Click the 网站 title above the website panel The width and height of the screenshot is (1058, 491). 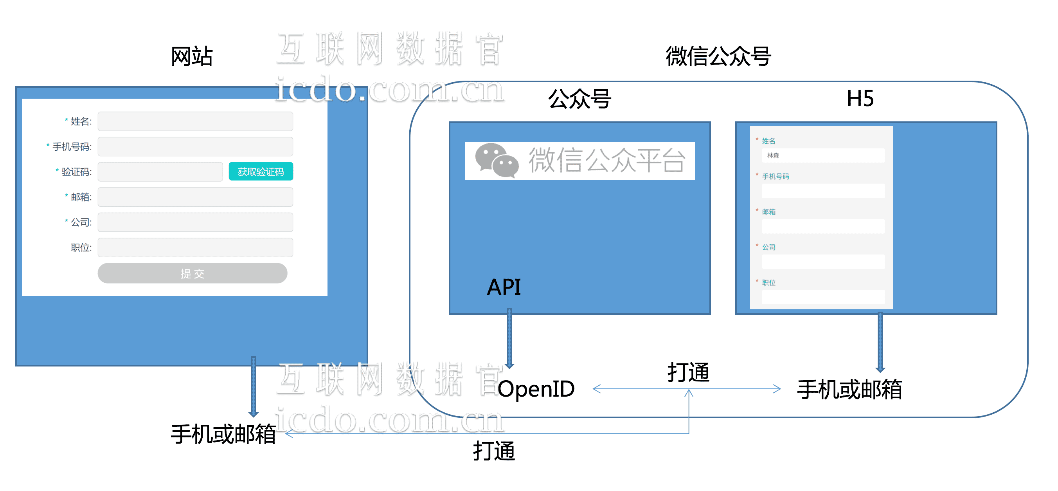pos(191,56)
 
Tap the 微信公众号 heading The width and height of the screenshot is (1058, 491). pos(718,56)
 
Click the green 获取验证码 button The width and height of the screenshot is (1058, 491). pos(261,171)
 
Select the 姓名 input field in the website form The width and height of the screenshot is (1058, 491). pos(195,121)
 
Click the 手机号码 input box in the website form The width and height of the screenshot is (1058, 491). pos(195,147)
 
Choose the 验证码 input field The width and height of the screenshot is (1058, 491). pos(160,172)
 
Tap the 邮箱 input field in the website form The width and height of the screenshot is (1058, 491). pos(195,197)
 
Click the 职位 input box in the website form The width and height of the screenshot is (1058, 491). pos(195,247)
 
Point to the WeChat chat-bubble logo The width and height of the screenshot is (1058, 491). pos(497,160)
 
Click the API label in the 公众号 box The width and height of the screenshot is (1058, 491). pos(504,287)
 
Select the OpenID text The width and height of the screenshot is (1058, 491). pos(536,389)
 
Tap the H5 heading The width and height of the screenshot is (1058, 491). pos(860,99)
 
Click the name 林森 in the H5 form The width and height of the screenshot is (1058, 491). pos(773,155)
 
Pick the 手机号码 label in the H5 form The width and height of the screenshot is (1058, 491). pos(776,176)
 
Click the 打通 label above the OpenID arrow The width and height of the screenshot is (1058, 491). pos(688,372)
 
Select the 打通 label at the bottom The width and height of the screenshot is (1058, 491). pos(494,451)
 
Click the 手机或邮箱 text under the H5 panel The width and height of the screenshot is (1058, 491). pos(849,390)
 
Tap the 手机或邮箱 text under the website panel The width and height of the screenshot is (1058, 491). pos(223,434)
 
